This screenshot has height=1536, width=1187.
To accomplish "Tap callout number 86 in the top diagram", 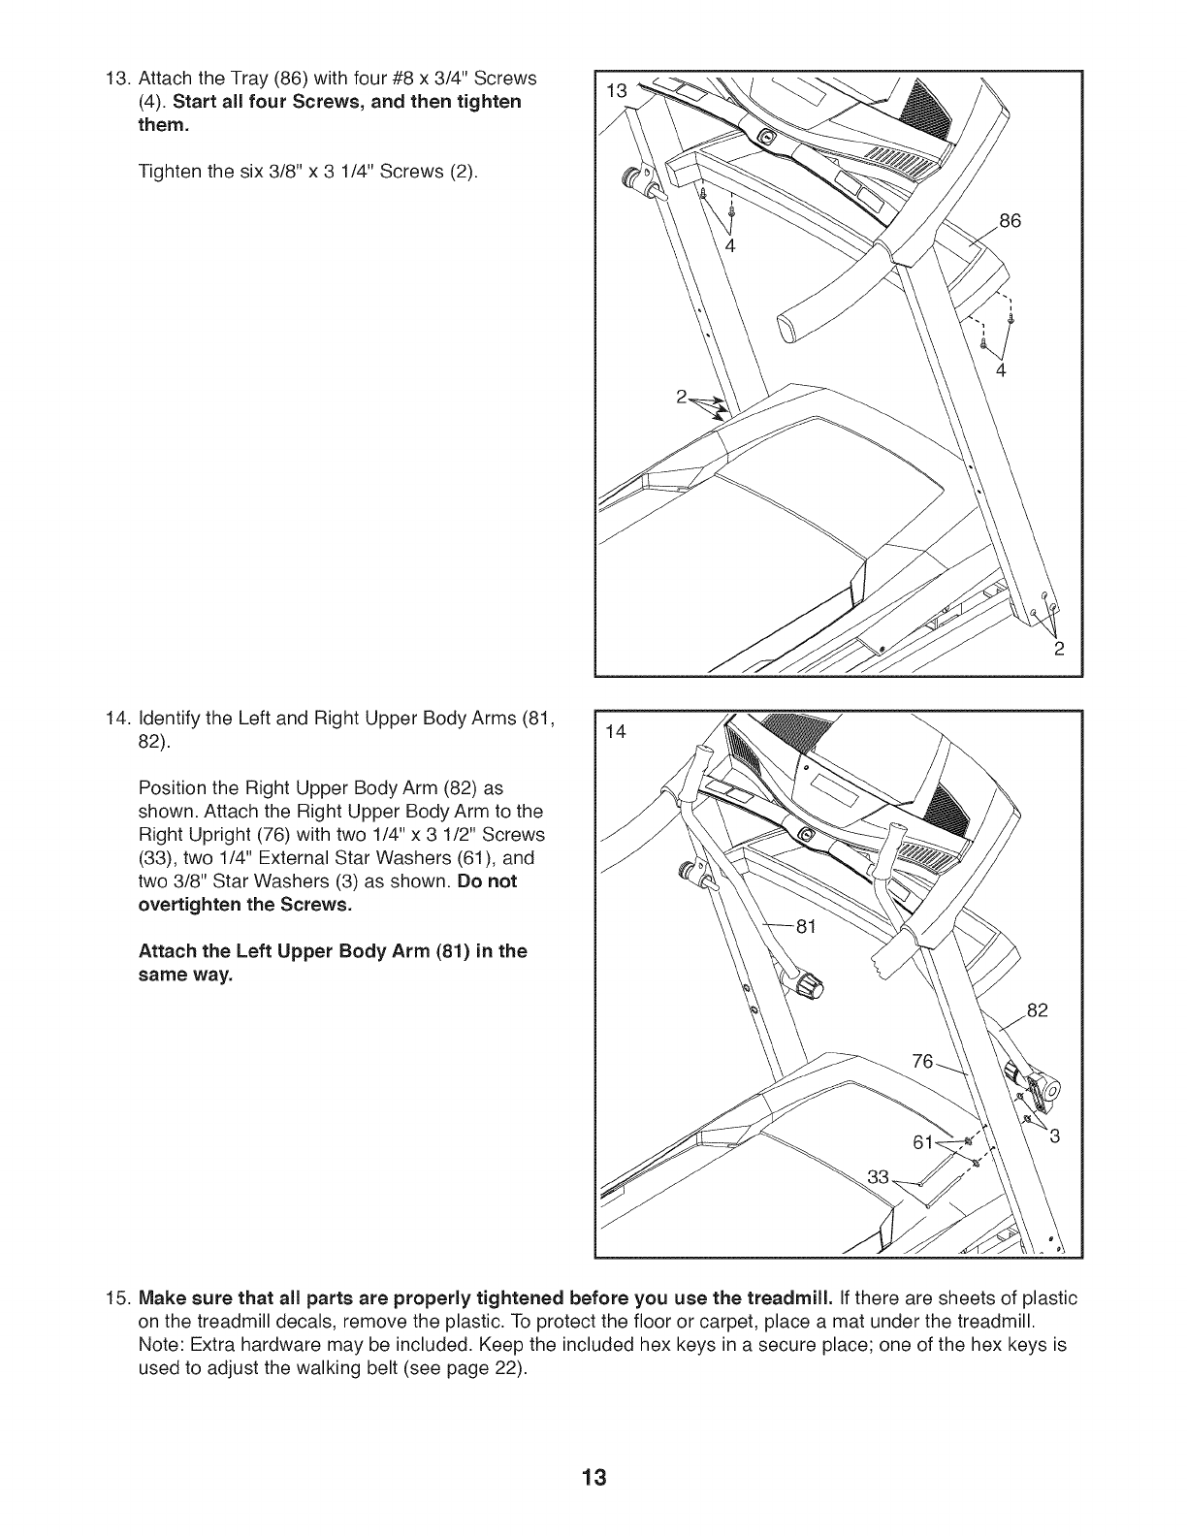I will (x=1011, y=221).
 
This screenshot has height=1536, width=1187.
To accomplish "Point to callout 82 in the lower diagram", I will (x=1037, y=1011).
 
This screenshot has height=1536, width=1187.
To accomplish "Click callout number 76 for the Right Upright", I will (x=923, y=1062).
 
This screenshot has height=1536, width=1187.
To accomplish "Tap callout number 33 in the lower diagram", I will (x=878, y=1178).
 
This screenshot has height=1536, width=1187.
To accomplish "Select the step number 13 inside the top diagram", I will (x=616, y=92).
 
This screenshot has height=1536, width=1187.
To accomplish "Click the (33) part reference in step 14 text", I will (x=158, y=858).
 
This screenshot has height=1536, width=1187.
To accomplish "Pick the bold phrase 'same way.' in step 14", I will (x=186, y=975).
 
